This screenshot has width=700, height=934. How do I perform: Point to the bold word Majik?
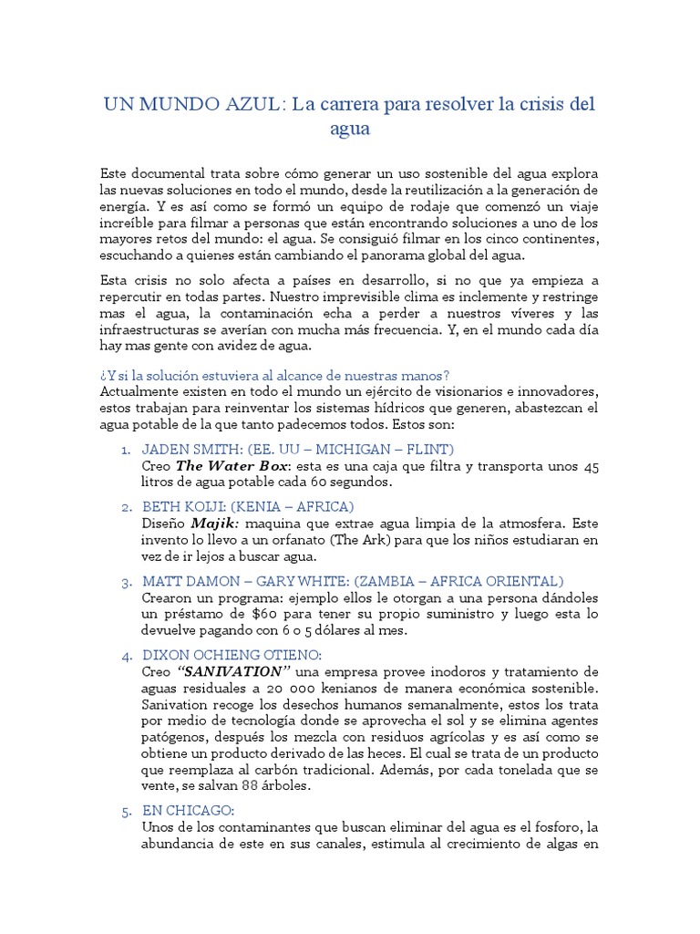(x=213, y=524)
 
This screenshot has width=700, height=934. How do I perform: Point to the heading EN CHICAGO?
(x=189, y=810)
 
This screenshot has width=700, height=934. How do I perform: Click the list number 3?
(x=126, y=581)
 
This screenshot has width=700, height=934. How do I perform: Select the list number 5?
(x=126, y=810)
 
